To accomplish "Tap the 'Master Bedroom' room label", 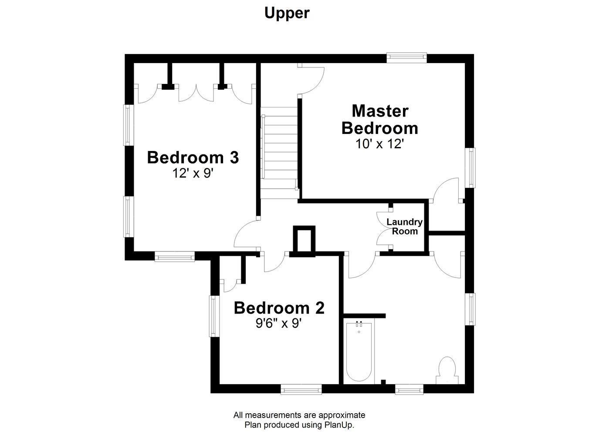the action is [380, 120].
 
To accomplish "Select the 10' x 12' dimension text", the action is [379, 144].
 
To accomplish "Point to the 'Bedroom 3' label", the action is [193, 157].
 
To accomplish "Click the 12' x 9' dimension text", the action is [193, 173].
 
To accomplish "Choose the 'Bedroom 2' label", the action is [279, 308].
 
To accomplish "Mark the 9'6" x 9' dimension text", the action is [279, 324].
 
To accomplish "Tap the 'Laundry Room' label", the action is [405, 227].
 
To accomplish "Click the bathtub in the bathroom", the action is [359, 353].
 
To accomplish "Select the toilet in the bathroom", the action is [447, 370].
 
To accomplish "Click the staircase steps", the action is [279, 153].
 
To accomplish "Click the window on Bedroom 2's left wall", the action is [213, 316].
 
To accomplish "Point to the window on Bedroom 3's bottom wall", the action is [175, 257].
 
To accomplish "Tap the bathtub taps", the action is [359, 324].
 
